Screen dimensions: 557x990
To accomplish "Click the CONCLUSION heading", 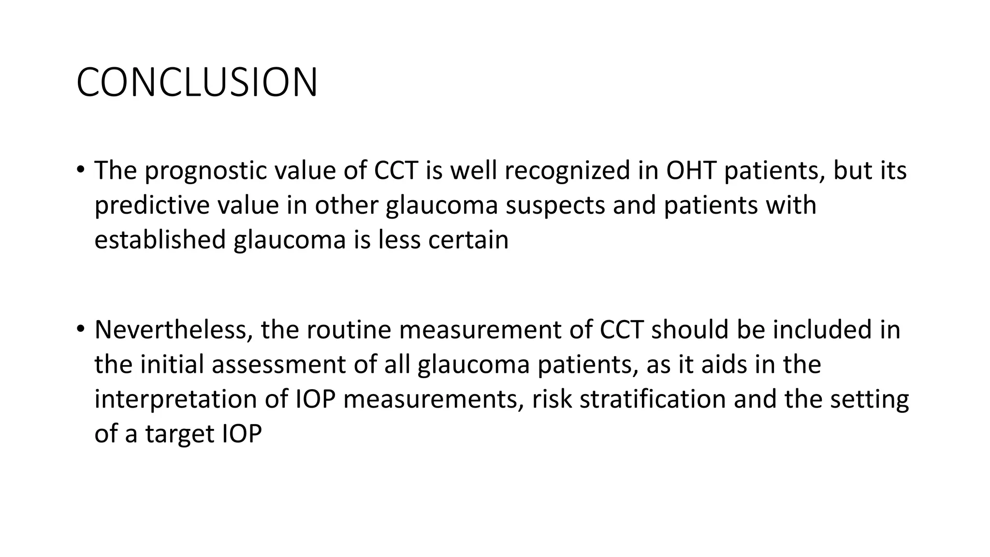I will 197,83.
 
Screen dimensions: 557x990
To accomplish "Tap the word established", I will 160,240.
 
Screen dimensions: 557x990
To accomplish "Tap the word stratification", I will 652,400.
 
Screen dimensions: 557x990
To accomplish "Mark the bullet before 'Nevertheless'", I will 80,329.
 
